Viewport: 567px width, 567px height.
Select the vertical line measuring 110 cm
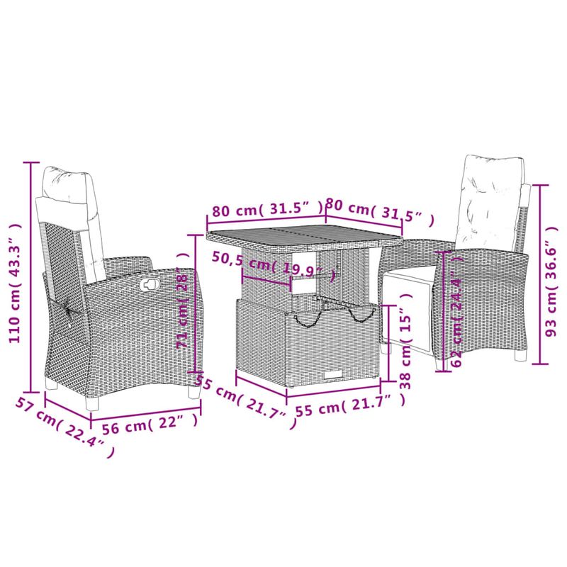point(30,276)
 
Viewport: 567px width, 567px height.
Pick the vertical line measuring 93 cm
point(541,273)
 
